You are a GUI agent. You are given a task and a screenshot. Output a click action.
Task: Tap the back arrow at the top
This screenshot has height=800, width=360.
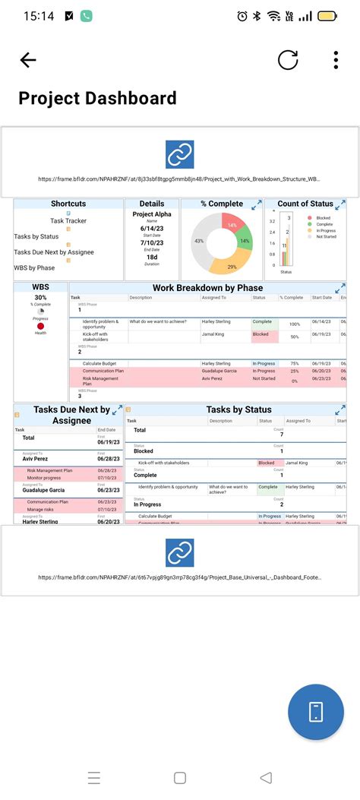coord(28,61)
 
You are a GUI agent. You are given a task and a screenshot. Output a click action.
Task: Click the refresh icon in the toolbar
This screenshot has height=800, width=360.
coord(288,61)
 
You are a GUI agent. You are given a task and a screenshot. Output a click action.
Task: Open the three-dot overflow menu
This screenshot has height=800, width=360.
coord(336,61)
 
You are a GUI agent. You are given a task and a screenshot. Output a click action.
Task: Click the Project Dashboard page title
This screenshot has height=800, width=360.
coord(97,98)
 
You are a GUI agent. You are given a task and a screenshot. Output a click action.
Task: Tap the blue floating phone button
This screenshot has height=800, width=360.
coord(316,711)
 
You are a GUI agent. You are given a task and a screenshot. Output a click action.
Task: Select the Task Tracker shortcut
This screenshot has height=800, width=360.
coord(68,220)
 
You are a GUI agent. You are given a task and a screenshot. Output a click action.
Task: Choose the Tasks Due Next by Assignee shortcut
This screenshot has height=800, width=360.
coord(53,251)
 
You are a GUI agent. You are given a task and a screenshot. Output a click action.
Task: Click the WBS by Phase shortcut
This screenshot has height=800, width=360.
coord(34,267)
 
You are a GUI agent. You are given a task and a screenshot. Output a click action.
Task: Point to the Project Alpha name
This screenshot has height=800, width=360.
coord(152,214)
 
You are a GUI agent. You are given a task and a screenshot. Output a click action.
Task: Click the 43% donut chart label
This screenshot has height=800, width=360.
coord(199,241)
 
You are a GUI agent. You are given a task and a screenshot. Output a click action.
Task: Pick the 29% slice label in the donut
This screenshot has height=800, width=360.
coord(232,267)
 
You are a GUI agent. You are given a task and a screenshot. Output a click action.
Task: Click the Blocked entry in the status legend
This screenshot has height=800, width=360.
coord(323,218)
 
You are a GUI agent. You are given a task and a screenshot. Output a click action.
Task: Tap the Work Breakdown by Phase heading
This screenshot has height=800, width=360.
coord(207,288)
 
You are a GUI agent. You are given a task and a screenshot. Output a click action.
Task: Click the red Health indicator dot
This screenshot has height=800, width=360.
coord(40,326)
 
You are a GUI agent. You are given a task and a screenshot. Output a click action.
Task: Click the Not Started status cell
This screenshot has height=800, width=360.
coord(264,378)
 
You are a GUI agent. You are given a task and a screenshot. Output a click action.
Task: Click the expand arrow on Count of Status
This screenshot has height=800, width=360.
coord(341,204)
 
